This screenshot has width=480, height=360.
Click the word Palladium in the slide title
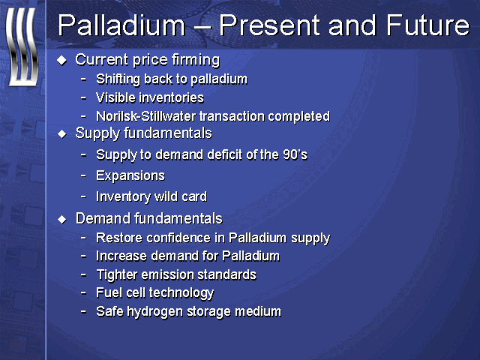point(121,25)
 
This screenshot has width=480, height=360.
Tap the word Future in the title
point(427,25)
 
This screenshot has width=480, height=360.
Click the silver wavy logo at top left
point(22,46)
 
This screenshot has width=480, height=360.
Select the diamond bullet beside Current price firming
point(61,60)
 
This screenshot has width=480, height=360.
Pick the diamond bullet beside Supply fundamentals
point(61,133)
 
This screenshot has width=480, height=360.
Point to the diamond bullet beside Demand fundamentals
point(61,219)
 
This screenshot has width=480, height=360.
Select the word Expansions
point(130,176)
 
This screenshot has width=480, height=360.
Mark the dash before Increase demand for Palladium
point(83,256)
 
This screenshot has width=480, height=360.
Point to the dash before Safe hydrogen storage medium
point(83,312)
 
